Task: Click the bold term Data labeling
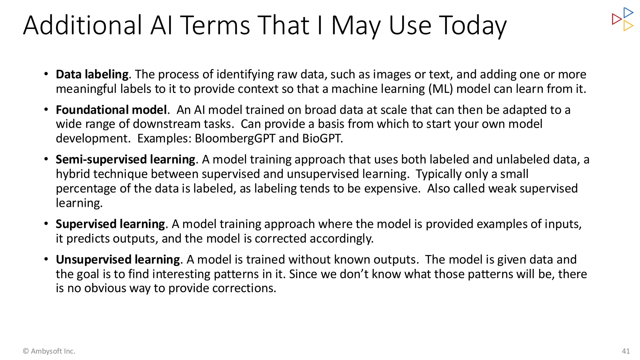pos(92,74)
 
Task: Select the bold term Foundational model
pos(111,110)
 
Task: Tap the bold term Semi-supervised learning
pos(125,159)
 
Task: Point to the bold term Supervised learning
pos(110,224)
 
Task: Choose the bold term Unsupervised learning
pos(118,260)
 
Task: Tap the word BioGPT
pos(322,138)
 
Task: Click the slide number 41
pos(626,351)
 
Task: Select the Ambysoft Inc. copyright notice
pos(49,351)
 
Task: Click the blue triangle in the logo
pos(628,13)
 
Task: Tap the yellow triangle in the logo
pos(628,26)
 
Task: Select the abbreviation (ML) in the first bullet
pos(440,89)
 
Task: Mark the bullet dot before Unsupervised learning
pos(46,259)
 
